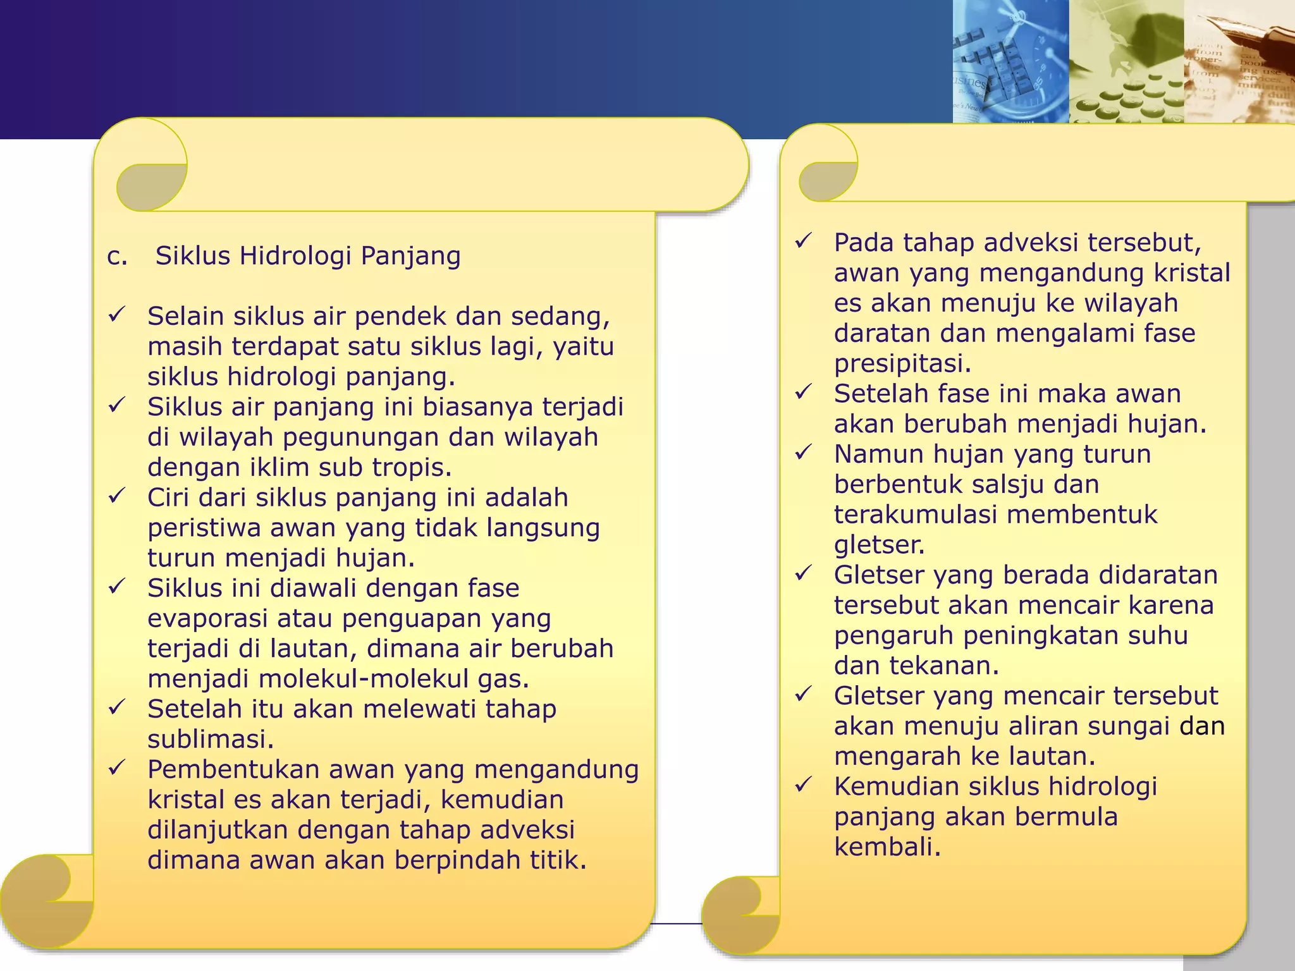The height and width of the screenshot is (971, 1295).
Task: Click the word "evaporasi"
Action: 208,618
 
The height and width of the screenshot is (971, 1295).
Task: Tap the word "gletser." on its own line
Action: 879,545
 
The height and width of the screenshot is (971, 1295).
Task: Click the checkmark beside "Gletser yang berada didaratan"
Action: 803,573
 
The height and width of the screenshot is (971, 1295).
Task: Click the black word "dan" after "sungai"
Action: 1202,726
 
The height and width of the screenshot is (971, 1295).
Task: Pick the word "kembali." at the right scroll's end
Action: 887,847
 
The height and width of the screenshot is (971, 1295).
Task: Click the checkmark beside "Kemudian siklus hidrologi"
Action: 803,785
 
